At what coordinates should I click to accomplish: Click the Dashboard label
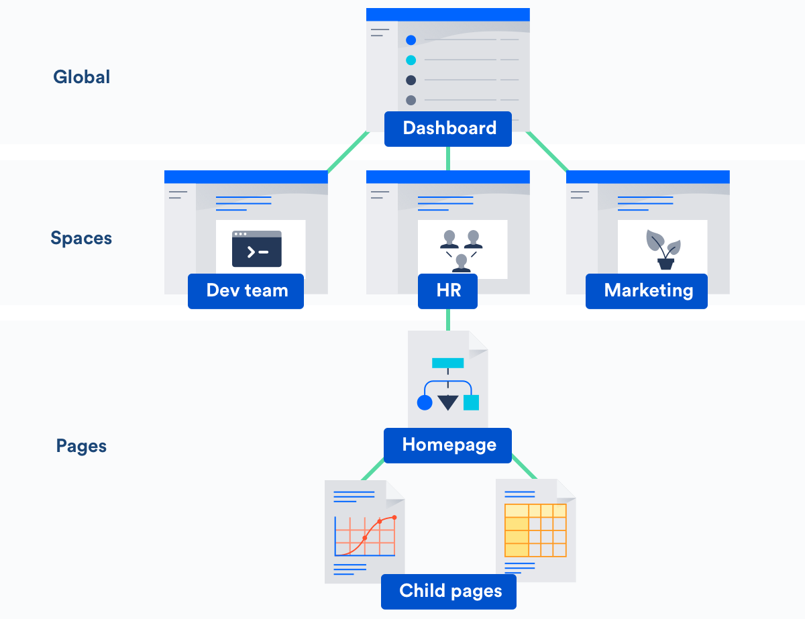448,129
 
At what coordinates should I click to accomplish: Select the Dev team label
246,291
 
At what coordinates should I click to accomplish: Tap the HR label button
447,291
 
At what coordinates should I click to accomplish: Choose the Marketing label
647,291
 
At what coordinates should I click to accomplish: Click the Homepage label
448,445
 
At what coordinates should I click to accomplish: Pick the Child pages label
449,592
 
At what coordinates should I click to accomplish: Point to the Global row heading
81,77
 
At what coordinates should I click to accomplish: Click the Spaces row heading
81,238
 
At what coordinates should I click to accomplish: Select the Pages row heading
81,446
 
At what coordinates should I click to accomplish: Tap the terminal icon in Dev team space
257,249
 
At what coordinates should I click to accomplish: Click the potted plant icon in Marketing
663,249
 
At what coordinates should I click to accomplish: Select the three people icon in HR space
461,250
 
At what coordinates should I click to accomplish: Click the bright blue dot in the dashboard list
411,40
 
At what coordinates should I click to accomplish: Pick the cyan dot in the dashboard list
411,60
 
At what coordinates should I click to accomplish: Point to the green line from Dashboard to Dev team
347,152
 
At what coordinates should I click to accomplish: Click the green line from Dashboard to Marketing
547,152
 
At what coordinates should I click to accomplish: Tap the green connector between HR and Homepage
447,319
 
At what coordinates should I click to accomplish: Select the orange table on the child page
535,530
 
